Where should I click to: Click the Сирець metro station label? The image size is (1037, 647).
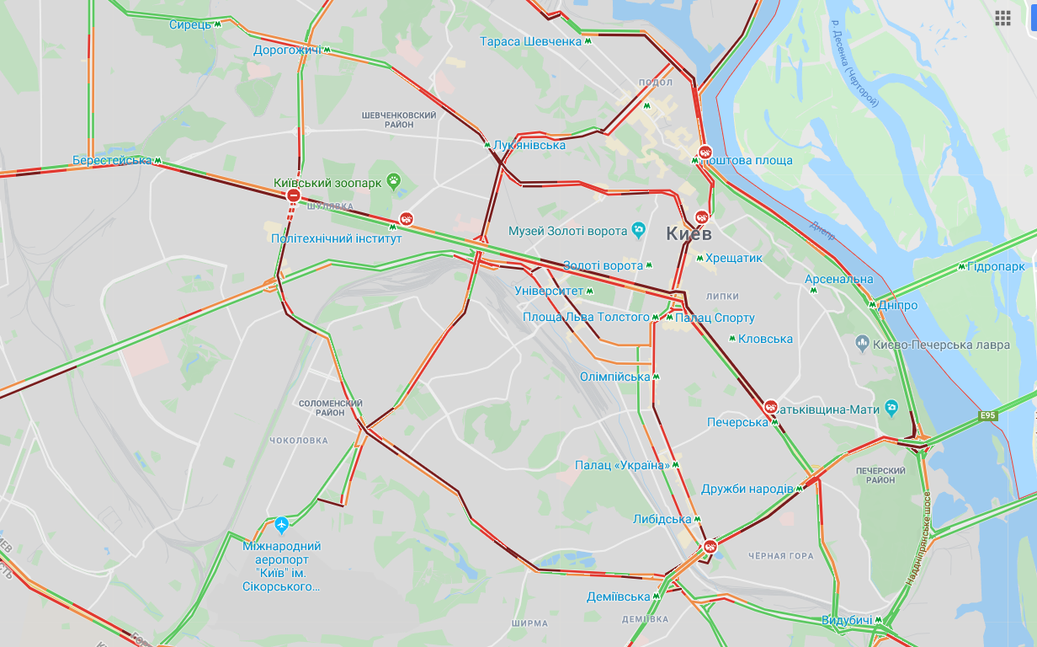(190, 24)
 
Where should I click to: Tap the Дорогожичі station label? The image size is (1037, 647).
(287, 51)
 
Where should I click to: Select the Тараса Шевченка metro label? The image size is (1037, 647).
(531, 41)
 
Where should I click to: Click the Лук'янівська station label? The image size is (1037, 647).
(529, 146)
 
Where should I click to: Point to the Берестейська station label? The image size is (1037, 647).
(112, 160)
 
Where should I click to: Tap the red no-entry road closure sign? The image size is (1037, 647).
(294, 196)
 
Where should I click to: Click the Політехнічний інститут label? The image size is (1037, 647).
(336, 238)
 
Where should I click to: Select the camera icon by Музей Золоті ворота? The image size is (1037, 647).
(639, 230)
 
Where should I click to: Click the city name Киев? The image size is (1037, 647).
(689, 233)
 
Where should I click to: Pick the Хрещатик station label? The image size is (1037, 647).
(734, 258)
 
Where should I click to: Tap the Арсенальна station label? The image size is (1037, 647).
(838, 279)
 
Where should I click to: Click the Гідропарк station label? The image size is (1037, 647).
(997, 267)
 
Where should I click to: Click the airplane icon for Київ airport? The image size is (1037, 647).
(281, 525)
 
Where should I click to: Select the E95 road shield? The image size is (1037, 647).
(987, 415)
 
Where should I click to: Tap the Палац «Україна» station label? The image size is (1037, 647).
(622, 465)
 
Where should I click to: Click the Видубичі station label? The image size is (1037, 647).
(847, 621)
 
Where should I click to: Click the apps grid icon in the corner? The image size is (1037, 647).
(1002, 19)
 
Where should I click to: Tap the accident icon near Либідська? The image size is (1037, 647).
(711, 547)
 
